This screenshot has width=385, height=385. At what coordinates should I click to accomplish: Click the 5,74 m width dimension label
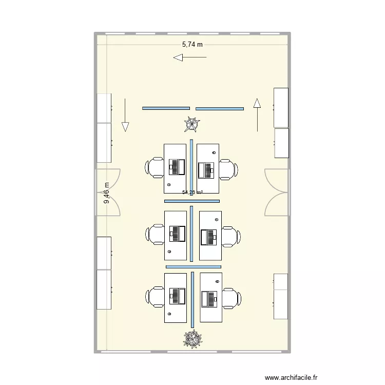click(192, 45)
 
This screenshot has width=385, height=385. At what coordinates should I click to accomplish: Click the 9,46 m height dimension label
click(107, 193)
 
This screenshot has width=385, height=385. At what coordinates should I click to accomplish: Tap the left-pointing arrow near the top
click(189, 57)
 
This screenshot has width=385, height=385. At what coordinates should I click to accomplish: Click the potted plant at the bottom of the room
click(193, 338)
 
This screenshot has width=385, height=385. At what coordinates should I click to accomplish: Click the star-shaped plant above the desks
click(192, 124)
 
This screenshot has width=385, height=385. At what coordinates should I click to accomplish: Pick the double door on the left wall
click(108, 192)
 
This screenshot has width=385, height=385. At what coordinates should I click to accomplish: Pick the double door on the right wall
click(276, 192)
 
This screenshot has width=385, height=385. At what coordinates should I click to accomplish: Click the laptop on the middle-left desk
click(177, 234)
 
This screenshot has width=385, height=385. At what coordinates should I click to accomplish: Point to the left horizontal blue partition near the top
click(166, 108)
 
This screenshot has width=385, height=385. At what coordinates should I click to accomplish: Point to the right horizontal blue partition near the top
click(220, 108)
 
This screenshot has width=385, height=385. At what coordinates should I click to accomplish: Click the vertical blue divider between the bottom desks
click(192, 300)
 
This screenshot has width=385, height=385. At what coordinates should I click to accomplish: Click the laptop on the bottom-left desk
click(177, 296)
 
